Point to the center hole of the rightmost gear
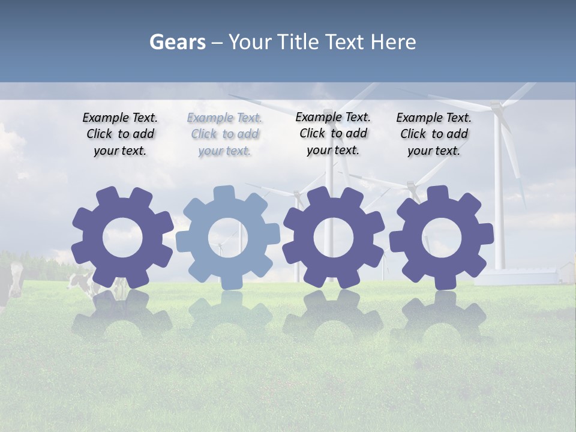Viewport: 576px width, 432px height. [442, 237]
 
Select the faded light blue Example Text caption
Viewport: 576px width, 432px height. [224, 134]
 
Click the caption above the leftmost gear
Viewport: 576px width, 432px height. [120, 134]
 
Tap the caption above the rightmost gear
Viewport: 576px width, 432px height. [434, 134]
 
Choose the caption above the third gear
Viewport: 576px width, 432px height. [333, 133]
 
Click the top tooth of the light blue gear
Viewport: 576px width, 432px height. [223, 193]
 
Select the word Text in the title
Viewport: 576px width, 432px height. [346, 42]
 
